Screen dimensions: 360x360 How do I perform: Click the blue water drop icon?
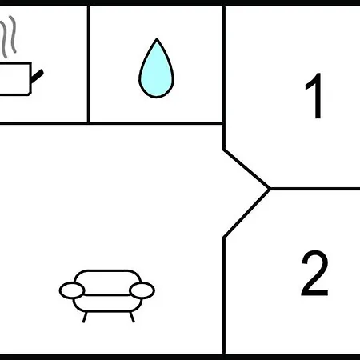(156, 70)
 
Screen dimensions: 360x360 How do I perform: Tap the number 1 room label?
(314, 95)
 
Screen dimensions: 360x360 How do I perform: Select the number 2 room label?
(314, 273)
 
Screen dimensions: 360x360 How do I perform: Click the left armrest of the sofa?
(72, 290)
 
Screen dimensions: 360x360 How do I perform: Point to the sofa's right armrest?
(142, 290)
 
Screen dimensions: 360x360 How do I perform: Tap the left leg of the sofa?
(85, 317)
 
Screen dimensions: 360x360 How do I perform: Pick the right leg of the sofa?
(132, 317)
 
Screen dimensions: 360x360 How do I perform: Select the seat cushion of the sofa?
(107, 303)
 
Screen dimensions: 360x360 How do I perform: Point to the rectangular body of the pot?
(15, 78)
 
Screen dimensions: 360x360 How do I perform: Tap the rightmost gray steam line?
(13, 34)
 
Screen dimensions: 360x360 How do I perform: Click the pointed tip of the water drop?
(157, 39)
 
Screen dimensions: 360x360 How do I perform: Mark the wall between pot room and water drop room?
(89, 64)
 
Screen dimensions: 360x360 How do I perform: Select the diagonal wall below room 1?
(246, 169)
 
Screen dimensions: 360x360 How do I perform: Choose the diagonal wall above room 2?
(246, 214)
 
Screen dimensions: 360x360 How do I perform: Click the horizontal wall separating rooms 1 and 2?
(314, 189)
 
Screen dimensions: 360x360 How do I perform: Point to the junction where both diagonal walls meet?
(270, 189)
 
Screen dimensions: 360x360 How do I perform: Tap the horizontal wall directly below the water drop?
(156, 123)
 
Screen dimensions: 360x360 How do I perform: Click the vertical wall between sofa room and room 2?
(224, 296)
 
